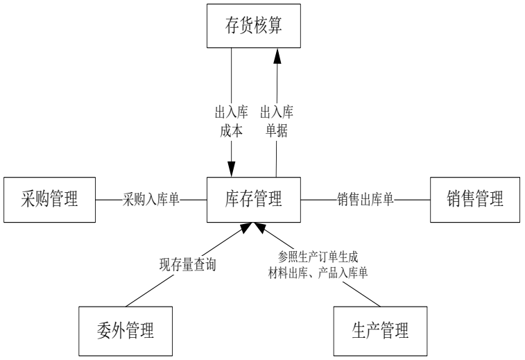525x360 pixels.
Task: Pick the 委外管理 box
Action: [x=125, y=327]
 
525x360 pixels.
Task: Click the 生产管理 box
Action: [x=380, y=327]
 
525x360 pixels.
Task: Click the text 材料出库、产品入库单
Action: [x=318, y=273]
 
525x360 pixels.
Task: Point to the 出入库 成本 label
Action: [x=231, y=121]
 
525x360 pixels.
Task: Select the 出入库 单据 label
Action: [x=275, y=121]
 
